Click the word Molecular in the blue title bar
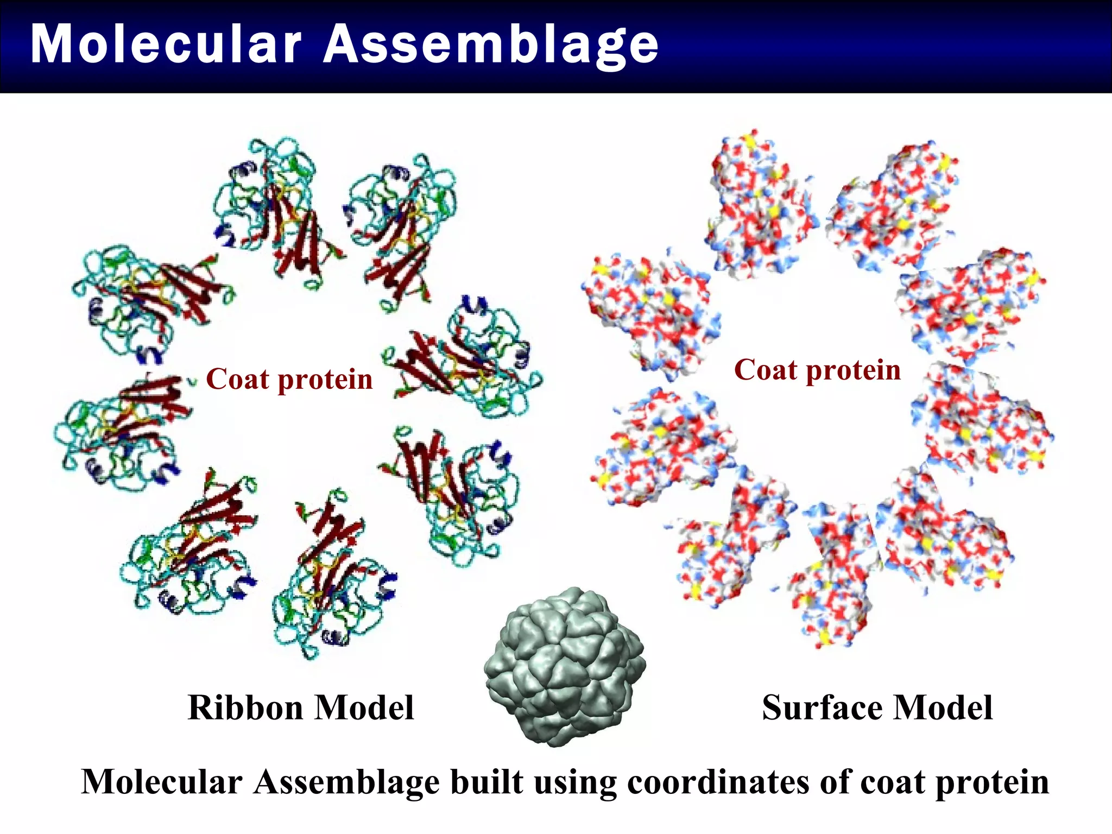point(166,45)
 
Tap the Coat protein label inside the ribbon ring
point(289,379)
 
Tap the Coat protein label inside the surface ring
point(817,370)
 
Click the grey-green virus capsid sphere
point(565,667)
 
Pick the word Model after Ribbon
point(364,708)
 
